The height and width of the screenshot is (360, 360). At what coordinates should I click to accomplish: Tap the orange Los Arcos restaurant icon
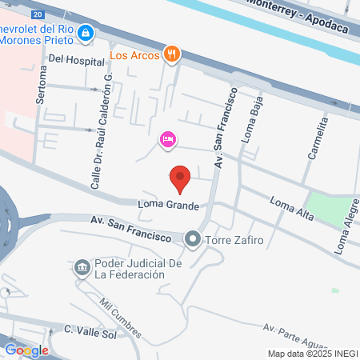point(170,54)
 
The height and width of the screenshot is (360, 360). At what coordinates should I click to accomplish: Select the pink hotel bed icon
point(167,141)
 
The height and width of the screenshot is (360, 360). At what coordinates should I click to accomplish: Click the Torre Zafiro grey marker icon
point(192,238)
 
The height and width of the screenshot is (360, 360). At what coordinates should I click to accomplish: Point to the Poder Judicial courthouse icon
point(82,267)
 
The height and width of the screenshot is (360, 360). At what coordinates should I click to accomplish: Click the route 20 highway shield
point(38,14)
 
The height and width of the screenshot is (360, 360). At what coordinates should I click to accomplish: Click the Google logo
point(26,350)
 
